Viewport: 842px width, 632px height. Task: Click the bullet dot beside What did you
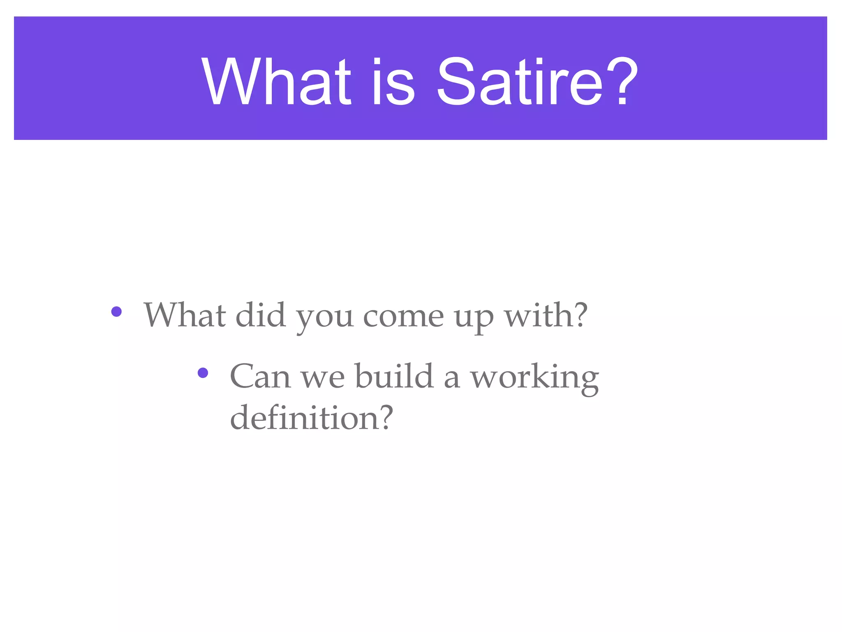[116, 311]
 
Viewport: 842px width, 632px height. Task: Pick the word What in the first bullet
[185, 315]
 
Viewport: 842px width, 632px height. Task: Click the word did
[261, 315]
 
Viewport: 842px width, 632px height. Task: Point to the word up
[474, 318]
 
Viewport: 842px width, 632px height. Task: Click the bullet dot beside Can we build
[203, 373]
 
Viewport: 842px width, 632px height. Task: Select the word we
[323, 379]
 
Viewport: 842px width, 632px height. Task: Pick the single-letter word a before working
[452, 379]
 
